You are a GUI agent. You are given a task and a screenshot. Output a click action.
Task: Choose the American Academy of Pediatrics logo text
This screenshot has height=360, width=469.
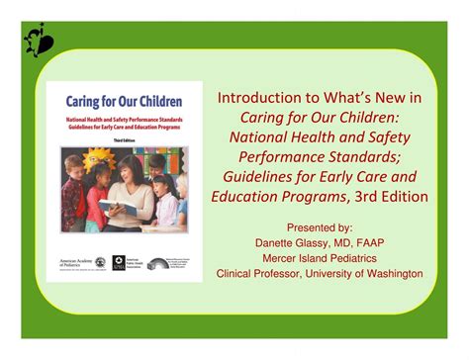click(x=75, y=263)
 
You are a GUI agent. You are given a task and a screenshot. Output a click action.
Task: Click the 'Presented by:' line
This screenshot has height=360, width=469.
click(x=319, y=225)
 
